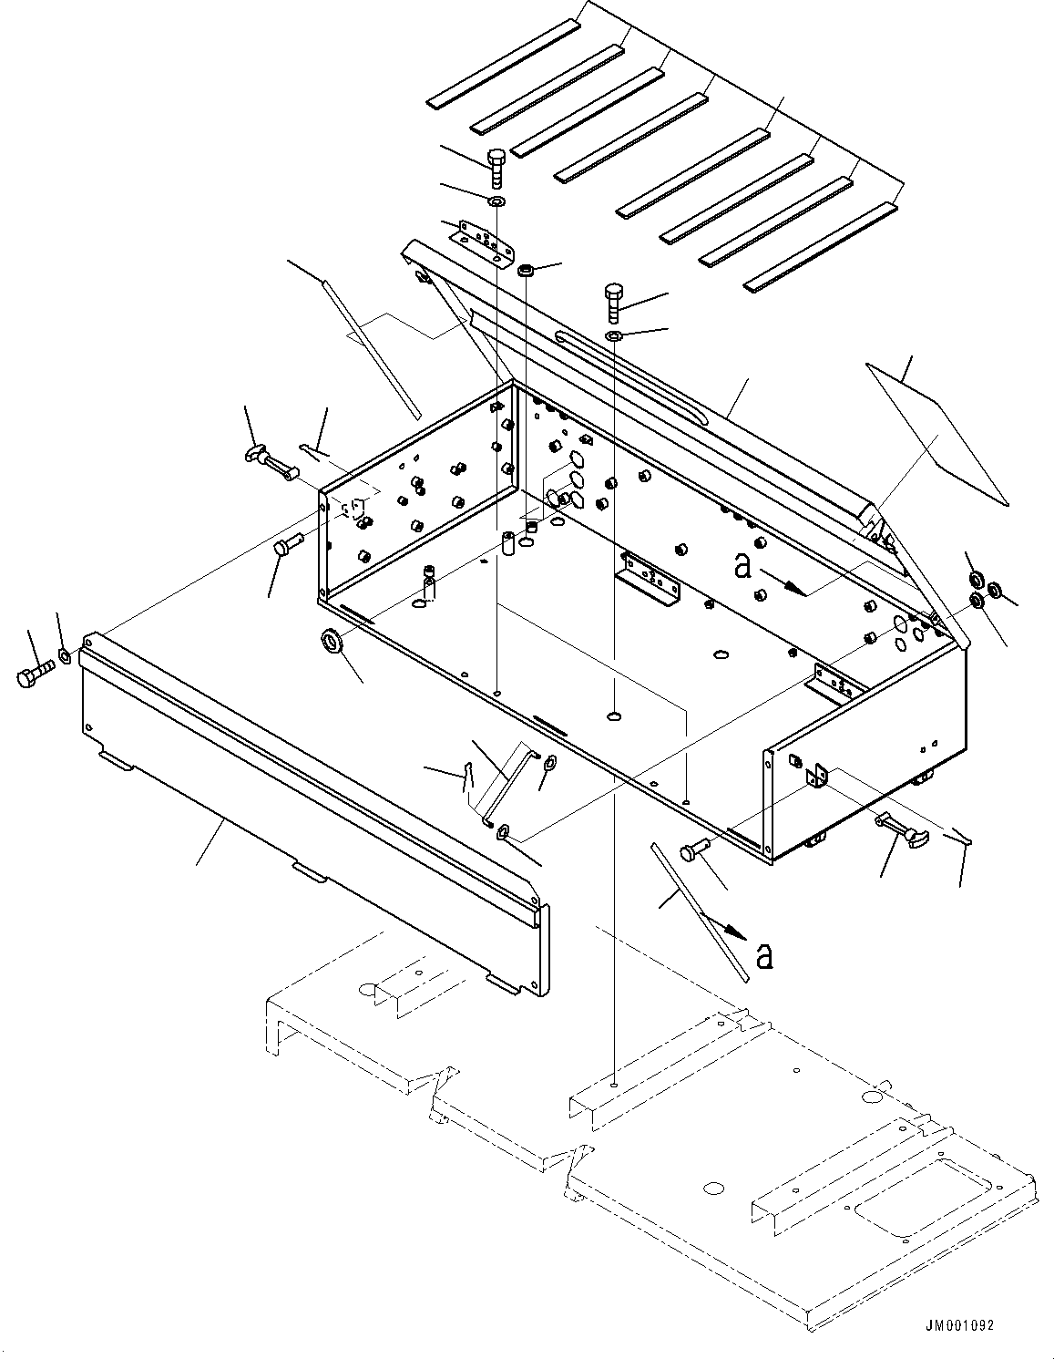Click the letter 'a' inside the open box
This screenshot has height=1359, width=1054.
742,566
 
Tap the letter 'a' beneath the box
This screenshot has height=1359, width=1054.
764,955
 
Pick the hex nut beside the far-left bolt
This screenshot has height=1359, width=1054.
65,655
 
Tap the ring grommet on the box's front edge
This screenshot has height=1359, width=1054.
331,642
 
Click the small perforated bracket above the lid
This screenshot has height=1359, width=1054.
485,240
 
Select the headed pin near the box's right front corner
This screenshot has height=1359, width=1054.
696,849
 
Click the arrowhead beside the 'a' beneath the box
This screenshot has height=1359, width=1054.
737,932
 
